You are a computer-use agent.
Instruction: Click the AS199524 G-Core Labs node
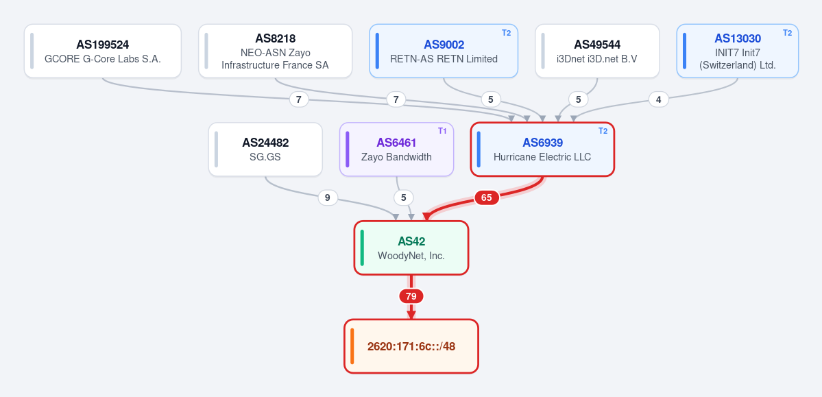coord(103,51)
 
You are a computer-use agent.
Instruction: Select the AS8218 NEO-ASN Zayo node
coord(275,51)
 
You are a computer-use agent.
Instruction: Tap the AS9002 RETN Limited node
coord(444,51)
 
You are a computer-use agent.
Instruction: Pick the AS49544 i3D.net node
coord(597,51)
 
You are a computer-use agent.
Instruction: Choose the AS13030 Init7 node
coord(738,51)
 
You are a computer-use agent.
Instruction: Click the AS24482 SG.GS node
coord(265,149)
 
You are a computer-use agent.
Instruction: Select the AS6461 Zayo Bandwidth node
coord(396,149)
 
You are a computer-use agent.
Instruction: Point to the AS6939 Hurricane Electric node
coord(542,149)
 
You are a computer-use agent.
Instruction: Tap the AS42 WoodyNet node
coord(411,248)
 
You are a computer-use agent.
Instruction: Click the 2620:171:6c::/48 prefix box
coord(411,346)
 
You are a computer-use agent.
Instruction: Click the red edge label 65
coord(487,197)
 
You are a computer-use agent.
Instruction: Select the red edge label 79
coord(411,296)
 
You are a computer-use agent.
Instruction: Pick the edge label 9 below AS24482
coord(328,197)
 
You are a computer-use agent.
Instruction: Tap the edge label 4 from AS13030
coord(658,99)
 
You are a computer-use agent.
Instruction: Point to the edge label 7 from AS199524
coord(299,99)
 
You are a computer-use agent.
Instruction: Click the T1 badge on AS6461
coord(442,130)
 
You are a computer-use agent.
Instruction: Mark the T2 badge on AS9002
coord(506,32)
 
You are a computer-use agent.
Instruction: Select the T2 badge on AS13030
coord(788,32)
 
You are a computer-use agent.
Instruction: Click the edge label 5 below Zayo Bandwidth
coord(404,197)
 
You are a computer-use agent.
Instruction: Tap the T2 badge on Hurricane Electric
coord(603,130)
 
